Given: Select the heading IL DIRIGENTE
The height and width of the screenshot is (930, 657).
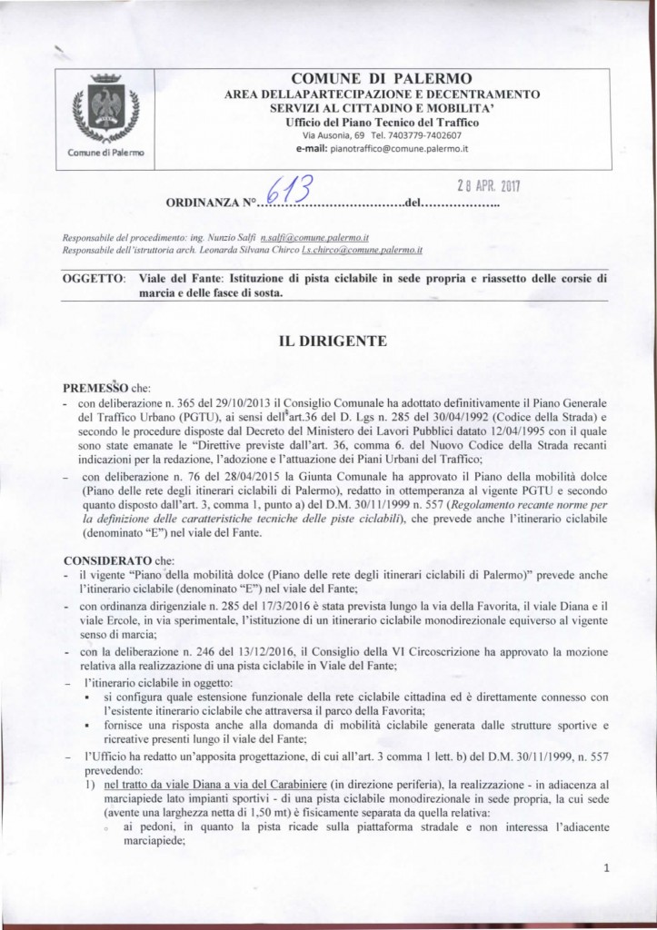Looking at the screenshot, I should [x=335, y=341].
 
